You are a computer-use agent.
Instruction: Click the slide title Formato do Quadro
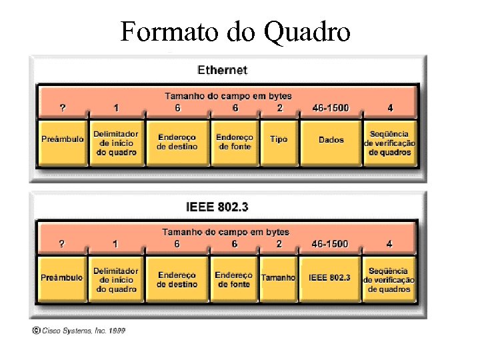coord(235,31)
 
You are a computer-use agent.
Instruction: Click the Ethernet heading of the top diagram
coord(223,70)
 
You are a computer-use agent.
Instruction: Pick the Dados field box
coord(331,140)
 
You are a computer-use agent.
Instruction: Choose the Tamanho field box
coord(278,277)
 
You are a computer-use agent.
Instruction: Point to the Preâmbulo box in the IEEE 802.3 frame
coord(61,277)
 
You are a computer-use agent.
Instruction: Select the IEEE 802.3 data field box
coord(329,277)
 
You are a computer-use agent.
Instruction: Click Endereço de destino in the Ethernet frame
coord(177,141)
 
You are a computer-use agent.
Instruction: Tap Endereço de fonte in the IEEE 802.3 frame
coord(233,279)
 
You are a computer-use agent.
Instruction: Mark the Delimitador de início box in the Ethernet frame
coord(117,143)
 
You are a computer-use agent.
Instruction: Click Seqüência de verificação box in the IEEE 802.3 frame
coord(389,280)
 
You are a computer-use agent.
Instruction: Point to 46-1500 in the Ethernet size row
coord(330,108)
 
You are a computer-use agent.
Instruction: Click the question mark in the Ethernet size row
coord(63,108)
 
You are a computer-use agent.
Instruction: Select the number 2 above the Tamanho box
coord(279,244)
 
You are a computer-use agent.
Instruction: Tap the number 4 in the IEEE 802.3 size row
coord(389,244)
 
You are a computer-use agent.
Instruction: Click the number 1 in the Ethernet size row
coord(116,108)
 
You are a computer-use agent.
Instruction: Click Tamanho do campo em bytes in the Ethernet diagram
coord(228,97)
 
